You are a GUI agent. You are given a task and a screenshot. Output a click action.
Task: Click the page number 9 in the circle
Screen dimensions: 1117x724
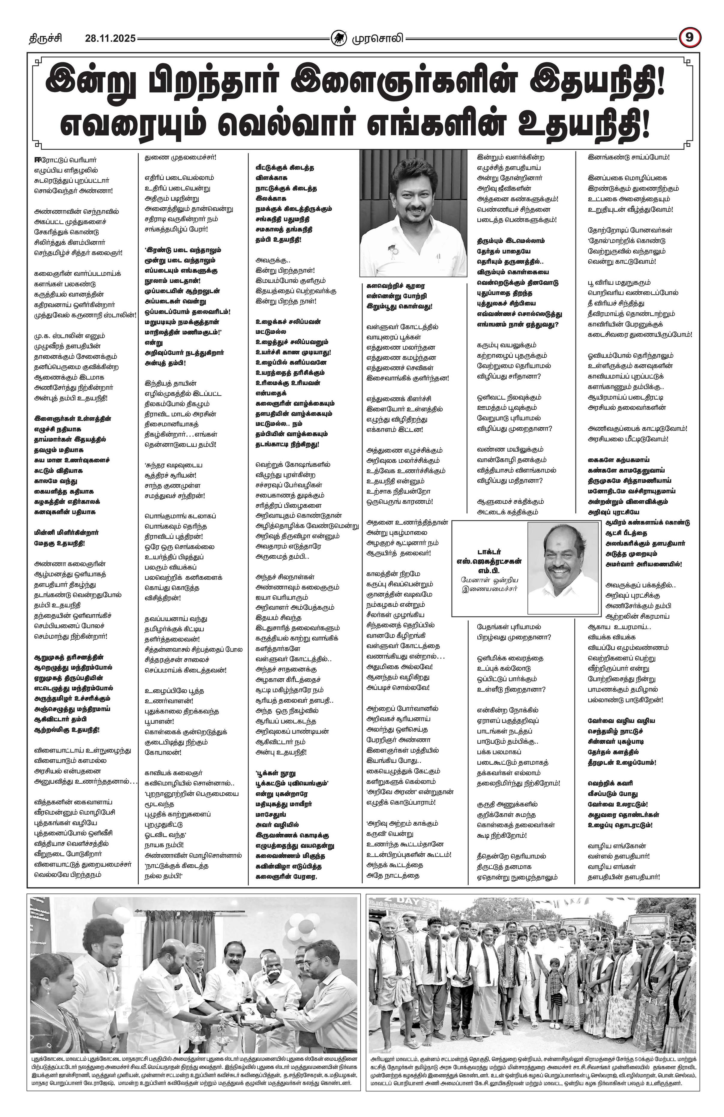click(x=688, y=38)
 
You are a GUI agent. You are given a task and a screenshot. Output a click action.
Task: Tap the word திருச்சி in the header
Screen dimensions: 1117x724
click(x=45, y=38)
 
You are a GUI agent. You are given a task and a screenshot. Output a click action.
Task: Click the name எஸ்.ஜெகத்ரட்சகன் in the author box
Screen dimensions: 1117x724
click(x=489, y=561)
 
